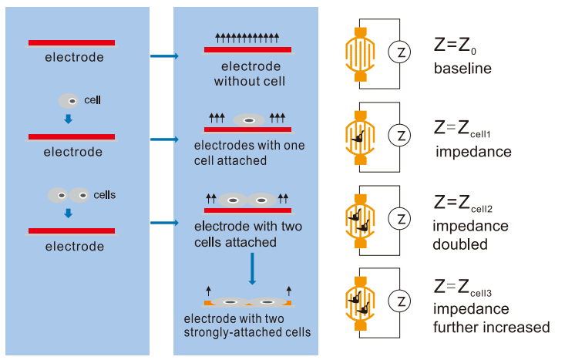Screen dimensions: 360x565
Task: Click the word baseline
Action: point(462,69)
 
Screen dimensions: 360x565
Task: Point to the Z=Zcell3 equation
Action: point(474,288)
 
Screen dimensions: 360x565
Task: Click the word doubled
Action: point(460,244)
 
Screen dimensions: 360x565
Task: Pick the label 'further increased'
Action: point(491,328)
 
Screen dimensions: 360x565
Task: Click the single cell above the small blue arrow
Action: point(69,101)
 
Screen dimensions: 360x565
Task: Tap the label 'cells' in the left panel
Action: point(104,195)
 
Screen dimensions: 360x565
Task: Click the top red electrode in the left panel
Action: point(72,43)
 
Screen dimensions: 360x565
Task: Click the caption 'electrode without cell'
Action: point(250,74)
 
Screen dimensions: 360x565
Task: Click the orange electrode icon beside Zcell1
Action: point(360,136)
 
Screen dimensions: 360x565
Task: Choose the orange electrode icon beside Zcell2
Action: point(360,217)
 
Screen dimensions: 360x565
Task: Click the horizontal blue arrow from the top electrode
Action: point(164,56)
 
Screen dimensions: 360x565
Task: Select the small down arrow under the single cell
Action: point(69,119)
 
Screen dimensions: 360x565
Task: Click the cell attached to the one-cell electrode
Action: point(248,120)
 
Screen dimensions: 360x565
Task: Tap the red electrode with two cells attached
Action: point(247,210)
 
